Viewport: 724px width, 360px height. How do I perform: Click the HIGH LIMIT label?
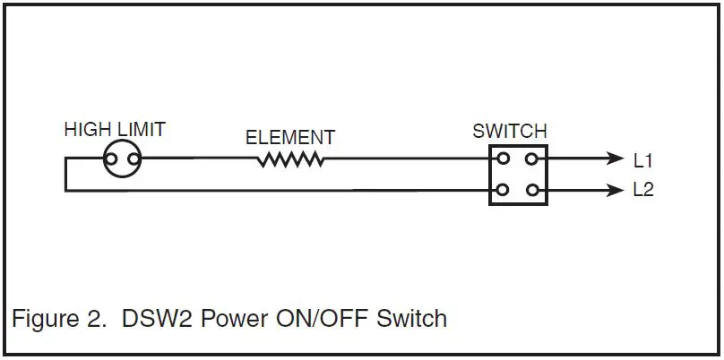(114, 130)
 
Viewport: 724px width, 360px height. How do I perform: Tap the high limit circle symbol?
(123, 160)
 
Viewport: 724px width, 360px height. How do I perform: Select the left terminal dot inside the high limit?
(111, 161)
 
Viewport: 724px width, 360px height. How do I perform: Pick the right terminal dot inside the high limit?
(134, 161)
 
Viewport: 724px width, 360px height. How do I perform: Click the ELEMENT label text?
(289, 138)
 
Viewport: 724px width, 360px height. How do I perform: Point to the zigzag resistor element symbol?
(290, 160)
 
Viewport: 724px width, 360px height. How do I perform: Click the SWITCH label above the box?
(509, 132)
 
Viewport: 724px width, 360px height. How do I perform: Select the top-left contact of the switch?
(504, 159)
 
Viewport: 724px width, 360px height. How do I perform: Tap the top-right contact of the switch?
(532, 159)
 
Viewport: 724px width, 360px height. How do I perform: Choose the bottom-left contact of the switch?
(504, 190)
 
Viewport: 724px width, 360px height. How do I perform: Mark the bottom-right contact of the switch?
(532, 190)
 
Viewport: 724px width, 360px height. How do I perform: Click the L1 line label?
(643, 161)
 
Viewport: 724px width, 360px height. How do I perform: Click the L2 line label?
(643, 191)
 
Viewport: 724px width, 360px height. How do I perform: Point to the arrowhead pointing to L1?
(614, 160)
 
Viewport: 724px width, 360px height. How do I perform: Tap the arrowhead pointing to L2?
(614, 190)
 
